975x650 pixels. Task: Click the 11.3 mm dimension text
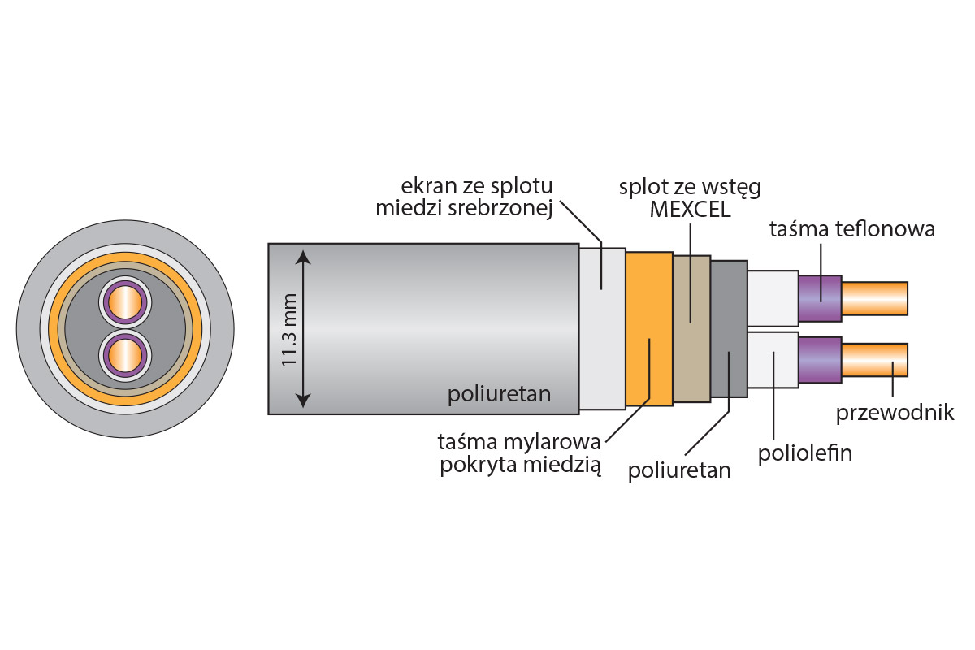[289, 330]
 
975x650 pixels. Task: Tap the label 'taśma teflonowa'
[852, 229]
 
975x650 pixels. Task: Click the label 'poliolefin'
[804, 453]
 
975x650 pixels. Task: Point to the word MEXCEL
[690, 210]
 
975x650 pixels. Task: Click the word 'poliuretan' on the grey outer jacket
[499, 395]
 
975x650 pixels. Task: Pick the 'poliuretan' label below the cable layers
[679, 470]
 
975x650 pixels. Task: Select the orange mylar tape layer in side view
[649, 328]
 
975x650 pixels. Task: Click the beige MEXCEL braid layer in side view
[691, 328]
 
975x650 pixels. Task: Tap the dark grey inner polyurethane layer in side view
[729, 328]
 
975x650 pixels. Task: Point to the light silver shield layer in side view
[602, 328]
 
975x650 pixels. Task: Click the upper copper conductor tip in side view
[874, 298]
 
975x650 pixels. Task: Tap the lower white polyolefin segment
[773, 360]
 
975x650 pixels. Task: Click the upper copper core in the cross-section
[125, 302]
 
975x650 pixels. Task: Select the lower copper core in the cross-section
[125, 356]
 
